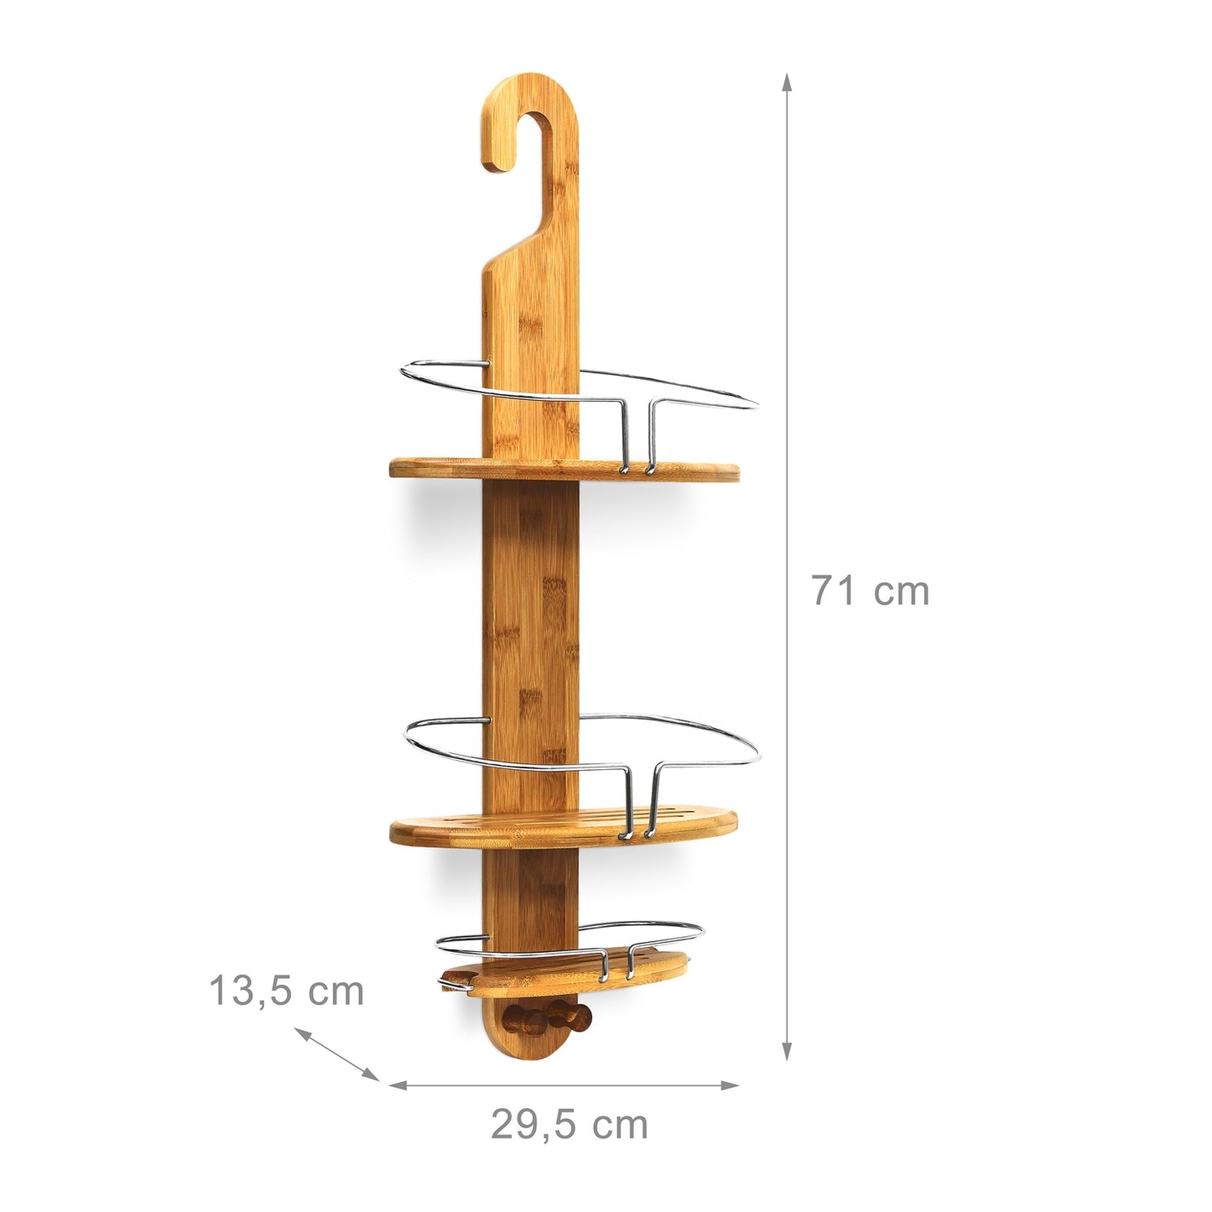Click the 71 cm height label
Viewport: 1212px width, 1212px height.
click(x=870, y=590)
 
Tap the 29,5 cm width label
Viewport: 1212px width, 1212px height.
click(x=570, y=1125)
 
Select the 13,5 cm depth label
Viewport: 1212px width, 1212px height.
click(x=286, y=991)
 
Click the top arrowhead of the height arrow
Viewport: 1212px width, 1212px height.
click(x=786, y=81)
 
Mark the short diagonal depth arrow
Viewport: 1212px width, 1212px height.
click(x=337, y=1054)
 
